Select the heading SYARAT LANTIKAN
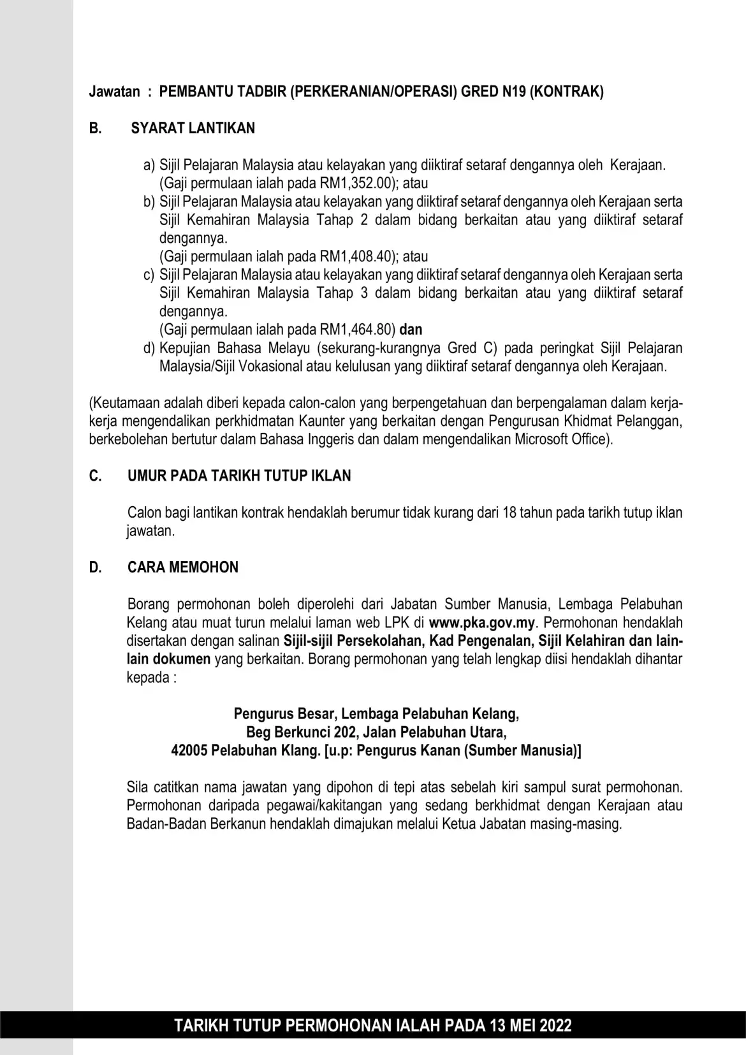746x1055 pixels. coord(193,128)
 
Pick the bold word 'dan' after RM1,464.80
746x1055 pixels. coord(411,330)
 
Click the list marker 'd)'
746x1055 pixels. coord(149,349)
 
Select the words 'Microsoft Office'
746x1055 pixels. coord(561,440)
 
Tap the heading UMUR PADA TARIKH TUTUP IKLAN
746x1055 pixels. coord(239,476)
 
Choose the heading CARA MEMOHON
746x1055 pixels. coord(183,568)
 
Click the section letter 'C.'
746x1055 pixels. coord(96,476)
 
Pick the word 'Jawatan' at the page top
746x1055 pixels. coord(114,91)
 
